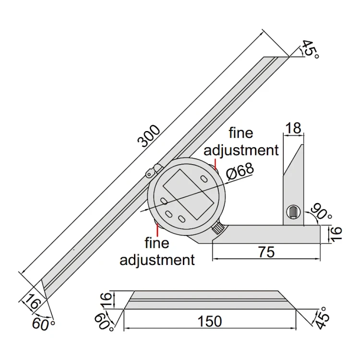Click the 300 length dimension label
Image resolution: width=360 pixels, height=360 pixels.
pos(148,136)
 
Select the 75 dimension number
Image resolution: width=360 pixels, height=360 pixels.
pos(266,252)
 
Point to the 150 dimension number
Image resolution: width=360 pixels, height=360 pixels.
pos(210,321)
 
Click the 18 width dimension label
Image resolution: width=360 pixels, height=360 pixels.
pos(294,128)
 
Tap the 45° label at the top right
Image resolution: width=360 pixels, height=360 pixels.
pos(310,49)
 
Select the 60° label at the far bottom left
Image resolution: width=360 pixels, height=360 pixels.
pos(43,324)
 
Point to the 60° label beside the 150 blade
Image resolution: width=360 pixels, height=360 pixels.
pos(104,321)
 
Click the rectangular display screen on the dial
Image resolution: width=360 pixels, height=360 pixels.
pos(188,194)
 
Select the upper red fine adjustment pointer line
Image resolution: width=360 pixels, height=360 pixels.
pos(215,164)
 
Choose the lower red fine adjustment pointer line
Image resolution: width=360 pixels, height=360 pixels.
pos(157,230)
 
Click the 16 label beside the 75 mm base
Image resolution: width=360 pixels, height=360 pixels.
pos(336,234)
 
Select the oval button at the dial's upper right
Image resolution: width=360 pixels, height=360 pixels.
pos(204,178)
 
